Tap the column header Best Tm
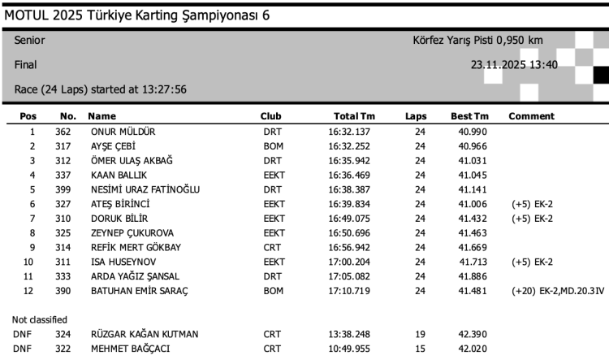pos(469,116)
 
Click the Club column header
pos(271,116)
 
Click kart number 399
pos(64,189)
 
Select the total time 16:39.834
pos(349,204)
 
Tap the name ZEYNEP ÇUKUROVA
pos(132,233)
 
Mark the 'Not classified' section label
pos(40,319)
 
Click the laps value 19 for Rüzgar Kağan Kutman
pos(420,334)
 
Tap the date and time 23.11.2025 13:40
pos(514,64)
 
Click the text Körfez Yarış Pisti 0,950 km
pos(478,41)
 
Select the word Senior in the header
pos(30,41)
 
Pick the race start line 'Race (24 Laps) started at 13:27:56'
pos(101,89)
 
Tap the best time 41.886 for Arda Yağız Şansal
pos(473,276)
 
